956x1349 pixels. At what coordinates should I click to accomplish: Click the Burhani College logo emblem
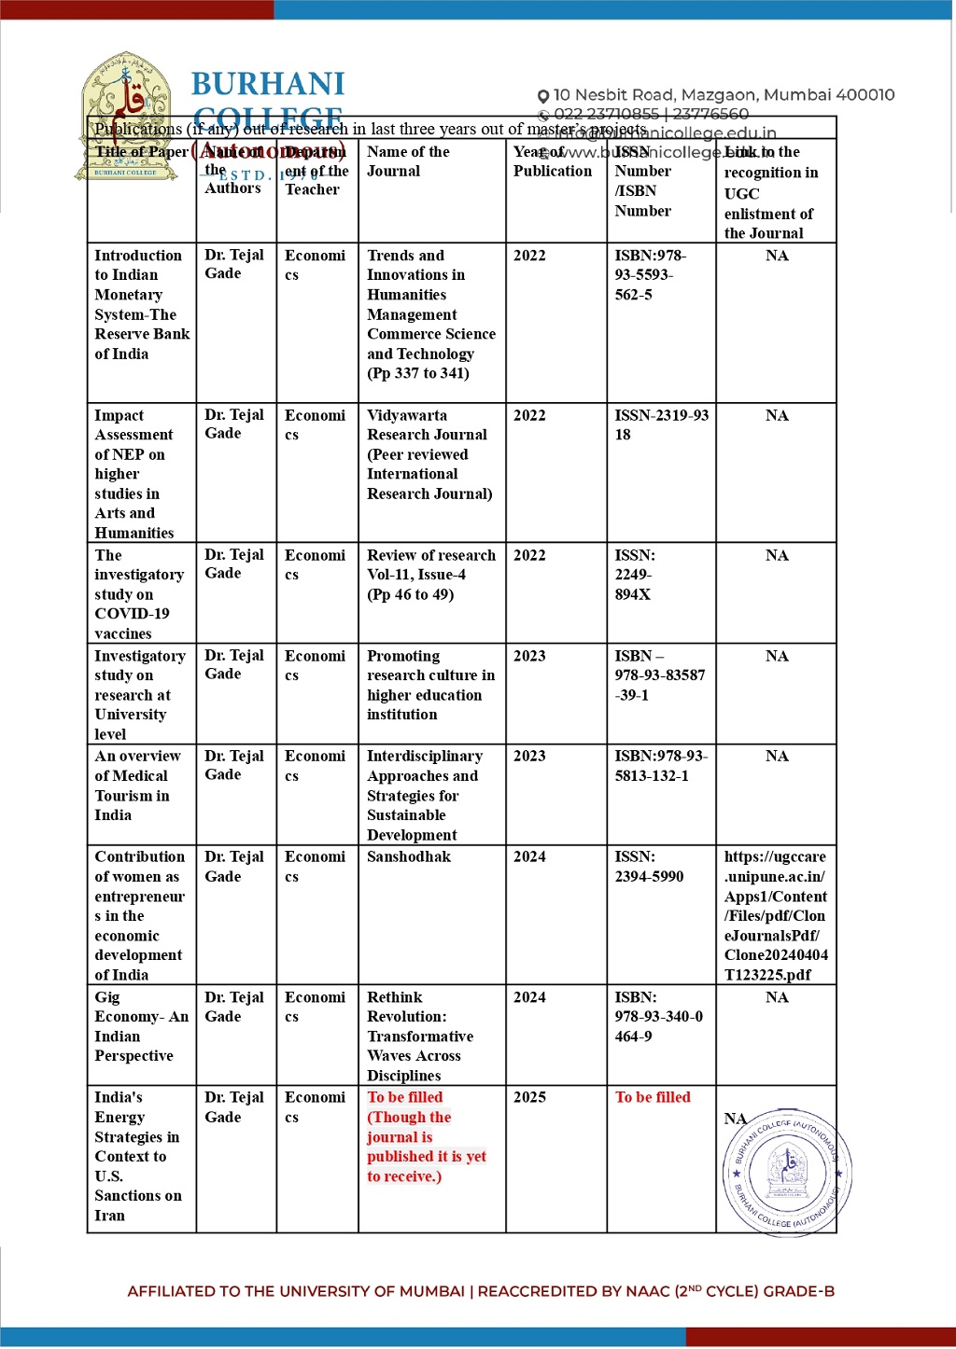click(125, 116)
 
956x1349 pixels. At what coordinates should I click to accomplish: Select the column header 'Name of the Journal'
click(408, 161)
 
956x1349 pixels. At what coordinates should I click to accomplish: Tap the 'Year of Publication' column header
click(552, 161)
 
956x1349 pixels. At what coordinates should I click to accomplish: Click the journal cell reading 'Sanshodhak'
click(409, 856)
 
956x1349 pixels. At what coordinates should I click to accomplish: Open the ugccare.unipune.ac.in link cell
click(775, 914)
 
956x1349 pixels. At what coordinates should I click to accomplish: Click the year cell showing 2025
click(529, 1097)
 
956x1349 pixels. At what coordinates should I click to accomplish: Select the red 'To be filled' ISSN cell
click(653, 1097)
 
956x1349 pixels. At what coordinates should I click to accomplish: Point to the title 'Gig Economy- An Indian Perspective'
click(140, 1026)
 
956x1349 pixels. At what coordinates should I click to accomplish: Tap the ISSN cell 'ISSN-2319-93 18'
click(661, 424)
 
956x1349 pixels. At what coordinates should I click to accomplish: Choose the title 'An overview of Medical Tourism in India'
click(137, 786)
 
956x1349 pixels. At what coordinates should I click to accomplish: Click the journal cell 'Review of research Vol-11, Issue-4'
click(430, 575)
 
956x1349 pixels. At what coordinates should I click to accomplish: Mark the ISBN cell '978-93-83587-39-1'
click(659, 674)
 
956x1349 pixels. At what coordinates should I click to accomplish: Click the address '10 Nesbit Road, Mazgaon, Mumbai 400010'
click(724, 95)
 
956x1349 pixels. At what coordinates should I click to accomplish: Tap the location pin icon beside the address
click(543, 96)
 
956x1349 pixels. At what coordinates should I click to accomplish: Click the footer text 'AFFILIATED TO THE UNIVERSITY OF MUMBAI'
click(296, 1291)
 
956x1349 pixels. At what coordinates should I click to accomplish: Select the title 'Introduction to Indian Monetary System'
click(141, 304)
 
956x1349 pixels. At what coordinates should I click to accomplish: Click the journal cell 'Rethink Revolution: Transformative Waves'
click(419, 1036)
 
